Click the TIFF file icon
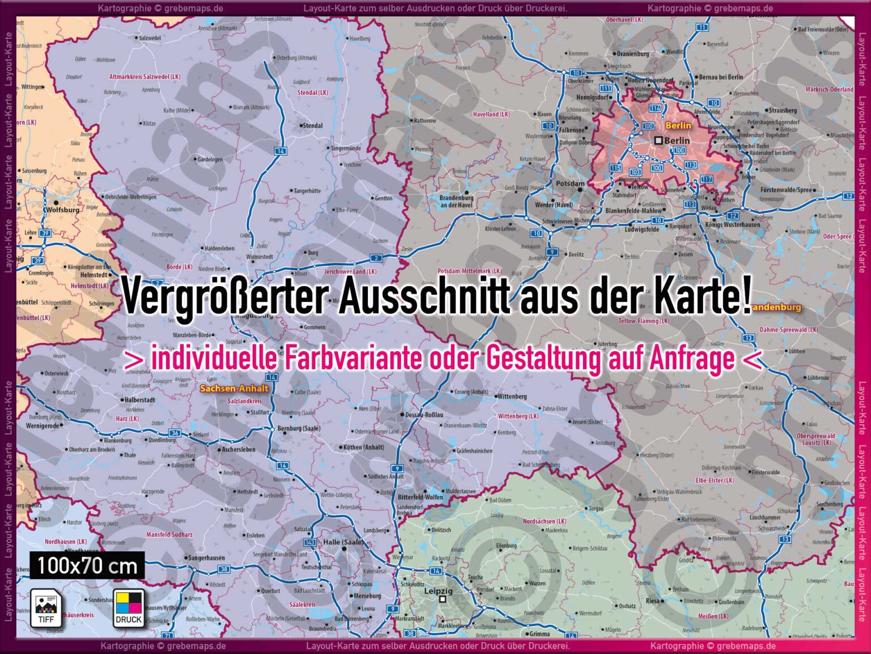pos(46,608)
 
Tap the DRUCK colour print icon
pos(128,608)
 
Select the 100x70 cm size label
pos(87,566)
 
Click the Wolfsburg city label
pos(63,209)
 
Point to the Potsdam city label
pos(570,183)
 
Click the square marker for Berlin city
pos(658,140)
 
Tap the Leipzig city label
pos(439,591)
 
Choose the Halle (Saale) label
pos(343,542)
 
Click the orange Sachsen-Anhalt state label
pos(234,389)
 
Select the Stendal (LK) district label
pos(313,93)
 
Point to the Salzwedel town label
pos(150,38)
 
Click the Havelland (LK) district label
pos(491,114)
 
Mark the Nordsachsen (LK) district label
pos(544,521)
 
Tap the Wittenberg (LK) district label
pos(518,416)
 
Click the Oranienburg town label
pos(633,54)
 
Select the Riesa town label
pos(653,601)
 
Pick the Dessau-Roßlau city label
pos(425,415)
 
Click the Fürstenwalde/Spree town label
pos(786,190)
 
